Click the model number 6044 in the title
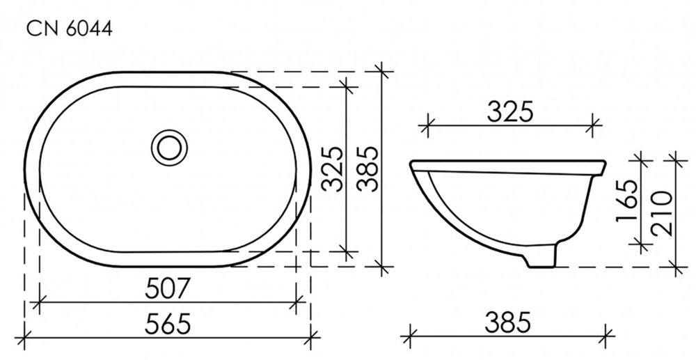click(89, 29)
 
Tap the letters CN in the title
click(43, 29)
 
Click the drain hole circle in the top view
click(169, 148)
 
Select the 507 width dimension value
click(167, 288)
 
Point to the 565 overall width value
click(168, 323)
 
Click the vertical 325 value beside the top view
click(333, 169)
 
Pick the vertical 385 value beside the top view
click(367, 169)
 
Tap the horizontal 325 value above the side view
click(509, 111)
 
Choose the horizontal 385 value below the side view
click(508, 322)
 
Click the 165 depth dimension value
click(627, 201)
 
